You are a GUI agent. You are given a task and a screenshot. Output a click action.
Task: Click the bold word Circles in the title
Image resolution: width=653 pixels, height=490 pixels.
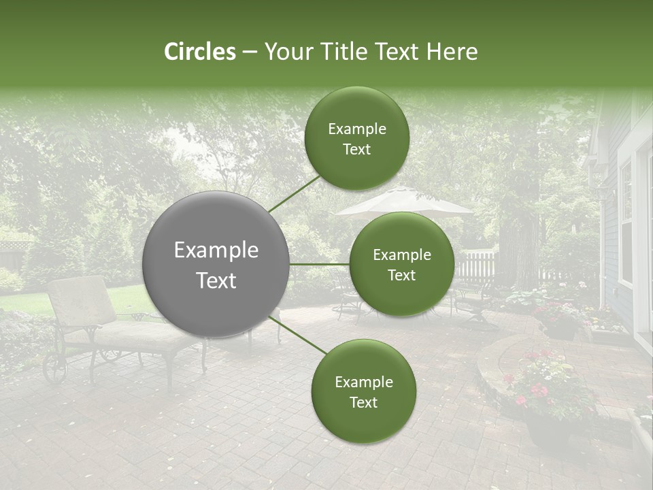(200, 52)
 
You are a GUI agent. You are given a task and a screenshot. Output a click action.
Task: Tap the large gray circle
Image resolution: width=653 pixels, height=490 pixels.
(216, 265)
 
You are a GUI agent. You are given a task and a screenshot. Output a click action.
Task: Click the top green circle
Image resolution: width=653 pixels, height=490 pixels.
(356, 138)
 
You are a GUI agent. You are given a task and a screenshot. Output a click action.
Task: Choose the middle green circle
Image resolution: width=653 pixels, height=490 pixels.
(401, 264)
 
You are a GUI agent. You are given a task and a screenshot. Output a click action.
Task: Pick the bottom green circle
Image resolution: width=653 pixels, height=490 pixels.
(363, 391)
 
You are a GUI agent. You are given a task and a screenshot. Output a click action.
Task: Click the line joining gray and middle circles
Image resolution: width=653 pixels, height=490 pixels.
(320, 264)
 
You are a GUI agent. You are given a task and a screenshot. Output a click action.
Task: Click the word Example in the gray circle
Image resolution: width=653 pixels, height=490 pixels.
(216, 250)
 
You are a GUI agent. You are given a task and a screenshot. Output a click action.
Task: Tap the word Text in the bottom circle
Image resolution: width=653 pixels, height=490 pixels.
(363, 402)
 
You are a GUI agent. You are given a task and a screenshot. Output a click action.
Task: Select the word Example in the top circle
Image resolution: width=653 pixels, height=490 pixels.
(356, 129)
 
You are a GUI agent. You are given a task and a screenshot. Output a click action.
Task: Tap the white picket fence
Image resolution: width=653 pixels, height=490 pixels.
(476, 265)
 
